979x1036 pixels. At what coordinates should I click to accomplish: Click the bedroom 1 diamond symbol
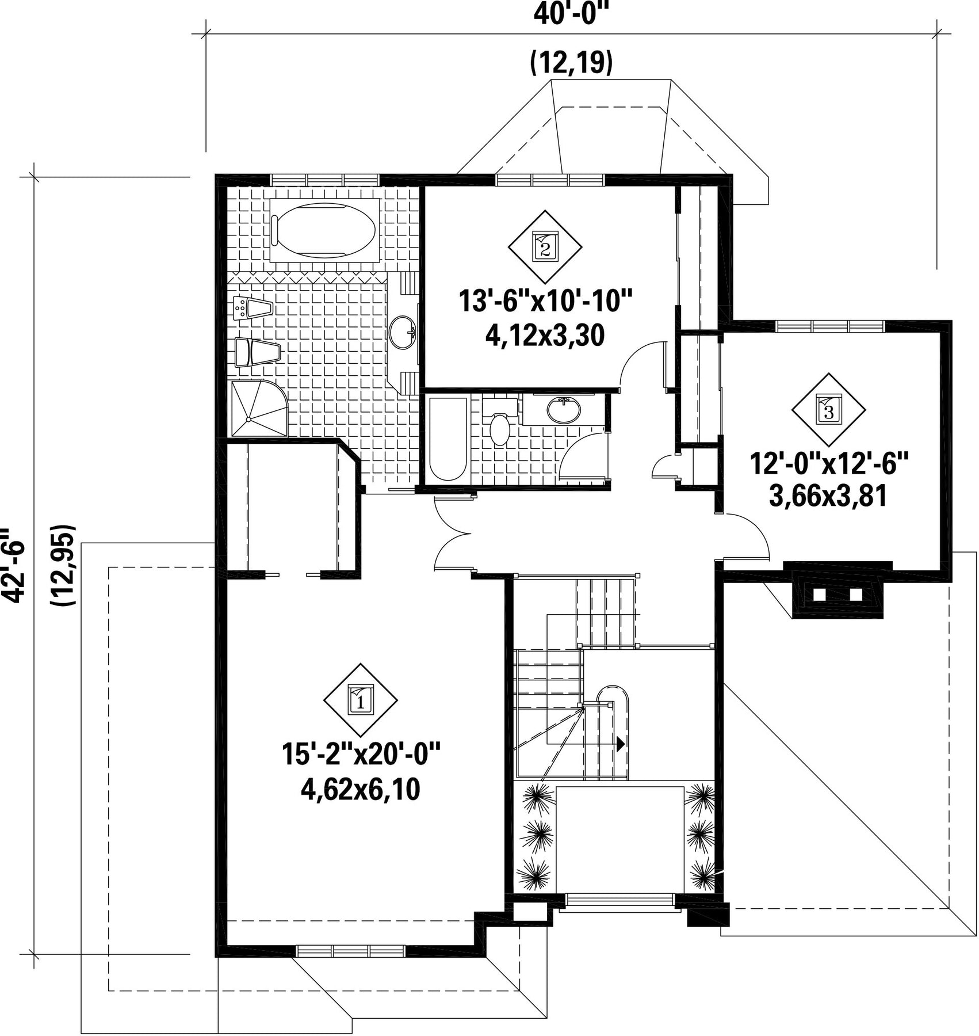click(x=361, y=700)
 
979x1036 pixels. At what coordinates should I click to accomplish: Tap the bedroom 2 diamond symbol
click(x=545, y=247)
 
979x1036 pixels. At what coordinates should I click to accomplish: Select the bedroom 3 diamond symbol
click(x=828, y=409)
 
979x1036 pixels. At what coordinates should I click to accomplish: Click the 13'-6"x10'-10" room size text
click(x=545, y=301)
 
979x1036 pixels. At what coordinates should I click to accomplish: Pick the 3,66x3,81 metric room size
click(x=828, y=497)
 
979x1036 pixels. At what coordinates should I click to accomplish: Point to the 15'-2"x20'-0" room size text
click(x=361, y=753)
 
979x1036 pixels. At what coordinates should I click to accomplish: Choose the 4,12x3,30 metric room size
click(x=545, y=336)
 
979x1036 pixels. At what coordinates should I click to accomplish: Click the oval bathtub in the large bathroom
click(x=324, y=230)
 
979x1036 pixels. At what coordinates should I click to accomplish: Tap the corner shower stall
click(x=258, y=408)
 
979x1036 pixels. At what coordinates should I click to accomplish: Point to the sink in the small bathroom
click(x=564, y=410)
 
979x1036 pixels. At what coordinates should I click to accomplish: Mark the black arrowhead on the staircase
click(x=621, y=744)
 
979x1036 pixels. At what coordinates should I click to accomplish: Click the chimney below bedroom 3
click(x=837, y=591)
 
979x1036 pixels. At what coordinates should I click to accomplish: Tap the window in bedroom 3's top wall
click(x=830, y=326)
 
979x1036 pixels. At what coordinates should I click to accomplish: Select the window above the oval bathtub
click(x=324, y=179)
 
